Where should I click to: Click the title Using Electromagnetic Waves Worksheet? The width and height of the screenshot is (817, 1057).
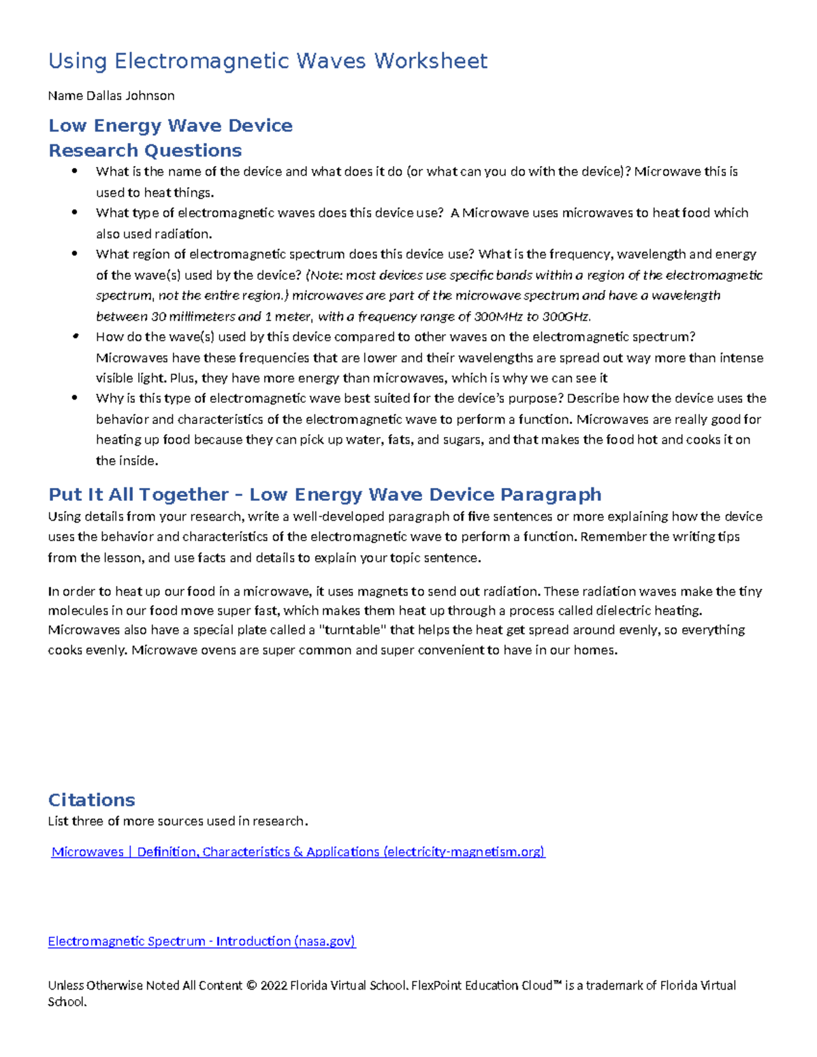268,61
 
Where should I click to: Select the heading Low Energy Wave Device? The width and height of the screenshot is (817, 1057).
170,126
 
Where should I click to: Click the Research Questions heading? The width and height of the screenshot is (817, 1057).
145,150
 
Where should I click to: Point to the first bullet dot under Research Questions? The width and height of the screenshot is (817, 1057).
75,171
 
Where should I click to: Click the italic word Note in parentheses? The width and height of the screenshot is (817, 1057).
325,275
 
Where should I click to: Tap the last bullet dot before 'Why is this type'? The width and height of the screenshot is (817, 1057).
75,398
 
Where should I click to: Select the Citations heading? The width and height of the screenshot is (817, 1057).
91,800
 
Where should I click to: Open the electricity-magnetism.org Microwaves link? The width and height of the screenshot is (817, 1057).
298,852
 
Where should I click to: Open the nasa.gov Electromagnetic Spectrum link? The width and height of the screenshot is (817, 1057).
202,941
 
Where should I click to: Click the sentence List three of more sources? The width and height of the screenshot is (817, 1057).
178,822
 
